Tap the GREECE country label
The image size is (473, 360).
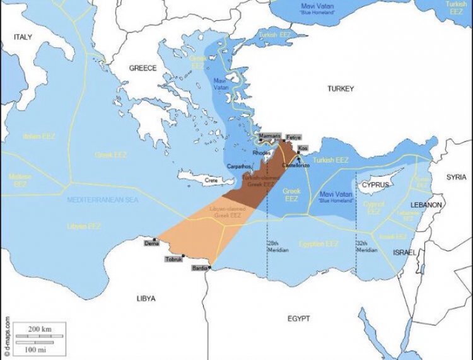point(143,68)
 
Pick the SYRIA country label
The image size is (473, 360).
point(457,177)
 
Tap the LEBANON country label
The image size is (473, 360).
point(426,206)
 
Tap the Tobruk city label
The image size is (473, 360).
point(173,259)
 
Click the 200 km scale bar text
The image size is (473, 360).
point(38,330)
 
